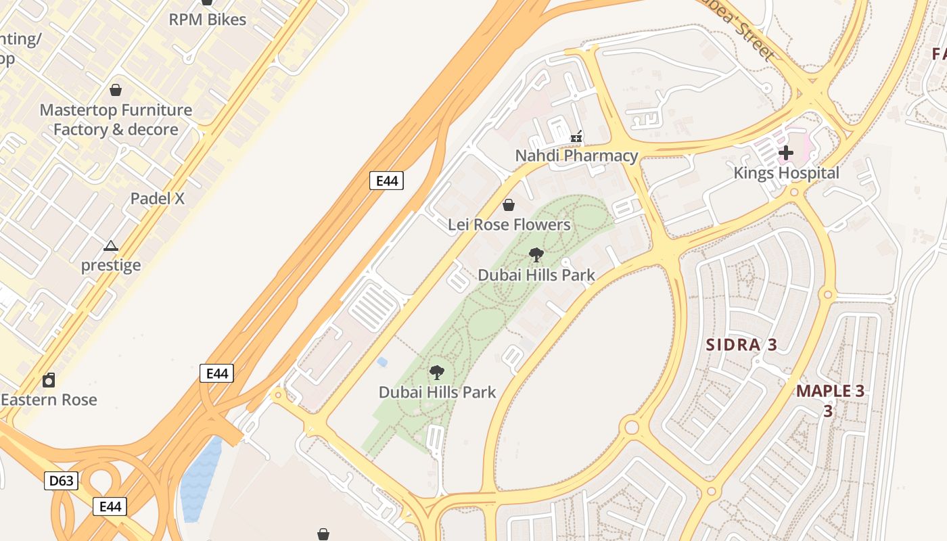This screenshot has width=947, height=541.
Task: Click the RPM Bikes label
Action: [x=207, y=20]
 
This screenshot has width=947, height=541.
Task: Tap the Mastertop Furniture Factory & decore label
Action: [x=116, y=120]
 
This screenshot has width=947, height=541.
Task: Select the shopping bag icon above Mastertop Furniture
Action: [x=116, y=90]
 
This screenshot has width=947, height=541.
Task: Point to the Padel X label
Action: [x=158, y=199]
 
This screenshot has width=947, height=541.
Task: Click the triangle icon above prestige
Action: [x=111, y=245]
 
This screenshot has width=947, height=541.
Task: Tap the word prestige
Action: [x=111, y=265]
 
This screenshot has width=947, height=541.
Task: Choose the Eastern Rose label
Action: [x=49, y=400]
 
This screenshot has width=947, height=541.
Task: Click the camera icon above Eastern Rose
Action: [x=49, y=380]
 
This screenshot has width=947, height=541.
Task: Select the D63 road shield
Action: [x=62, y=481]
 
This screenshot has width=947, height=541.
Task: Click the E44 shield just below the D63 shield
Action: [x=110, y=507]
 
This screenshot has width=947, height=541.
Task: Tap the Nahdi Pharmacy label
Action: [x=576, y=156]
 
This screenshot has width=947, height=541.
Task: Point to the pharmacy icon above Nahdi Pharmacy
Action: [x=576, y=137]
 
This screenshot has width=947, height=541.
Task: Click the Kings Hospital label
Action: [x=786, y=173]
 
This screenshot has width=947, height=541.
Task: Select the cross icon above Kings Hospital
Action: [x=785, y=154]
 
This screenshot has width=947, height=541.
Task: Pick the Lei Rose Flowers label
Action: [x=509, y=225]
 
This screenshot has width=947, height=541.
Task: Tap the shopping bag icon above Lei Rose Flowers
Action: [x=509, y=205]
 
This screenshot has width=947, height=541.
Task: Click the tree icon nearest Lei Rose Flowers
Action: [x=536, y=255]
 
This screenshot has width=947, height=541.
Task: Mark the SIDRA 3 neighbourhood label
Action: [x=741, y=345]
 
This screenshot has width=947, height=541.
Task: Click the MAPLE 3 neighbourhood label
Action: [x=830, y=392]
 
